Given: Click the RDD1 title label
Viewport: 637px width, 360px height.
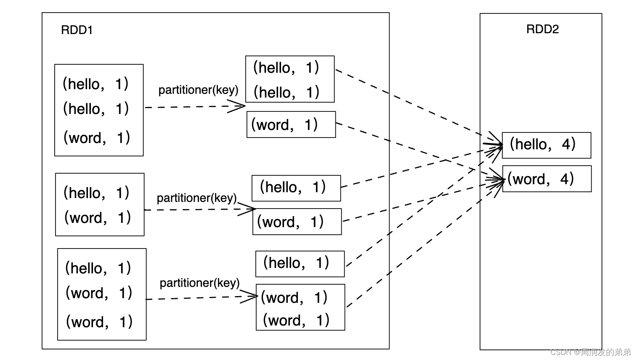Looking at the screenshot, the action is coord(77,30).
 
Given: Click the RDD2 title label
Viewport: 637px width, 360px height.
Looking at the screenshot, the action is coord(542,29).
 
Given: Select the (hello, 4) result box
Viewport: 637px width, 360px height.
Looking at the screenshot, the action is coord(546,146).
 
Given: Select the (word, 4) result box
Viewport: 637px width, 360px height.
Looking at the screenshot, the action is coord(547,179).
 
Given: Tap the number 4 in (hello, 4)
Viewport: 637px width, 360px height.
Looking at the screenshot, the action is coord(566,144).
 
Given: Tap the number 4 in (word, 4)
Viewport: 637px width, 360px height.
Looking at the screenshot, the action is coord(565,179).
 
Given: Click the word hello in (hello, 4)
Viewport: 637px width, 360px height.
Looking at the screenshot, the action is coord(531,144).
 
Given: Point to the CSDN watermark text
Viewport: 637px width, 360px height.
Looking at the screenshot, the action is coord(590,352).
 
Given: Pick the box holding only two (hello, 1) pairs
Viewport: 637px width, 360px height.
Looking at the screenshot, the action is coord(290,79).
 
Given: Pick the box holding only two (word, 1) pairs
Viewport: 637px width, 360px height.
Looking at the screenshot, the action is coord(300,307).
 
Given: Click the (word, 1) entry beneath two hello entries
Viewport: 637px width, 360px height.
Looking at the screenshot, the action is coord(97,138).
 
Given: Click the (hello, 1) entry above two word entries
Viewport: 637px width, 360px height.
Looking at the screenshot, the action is coord(98,268).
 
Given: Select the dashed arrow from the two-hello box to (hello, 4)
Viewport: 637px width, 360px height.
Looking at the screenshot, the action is coord(419,107).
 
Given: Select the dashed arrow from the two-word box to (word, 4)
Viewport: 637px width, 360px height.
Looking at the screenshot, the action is coord(425,244).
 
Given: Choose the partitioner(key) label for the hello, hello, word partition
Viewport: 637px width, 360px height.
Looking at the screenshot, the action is coord(198,90).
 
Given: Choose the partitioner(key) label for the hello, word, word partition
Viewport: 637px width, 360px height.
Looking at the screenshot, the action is coord(199,283).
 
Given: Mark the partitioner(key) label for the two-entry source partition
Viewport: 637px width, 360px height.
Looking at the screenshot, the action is coord(197,198).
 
